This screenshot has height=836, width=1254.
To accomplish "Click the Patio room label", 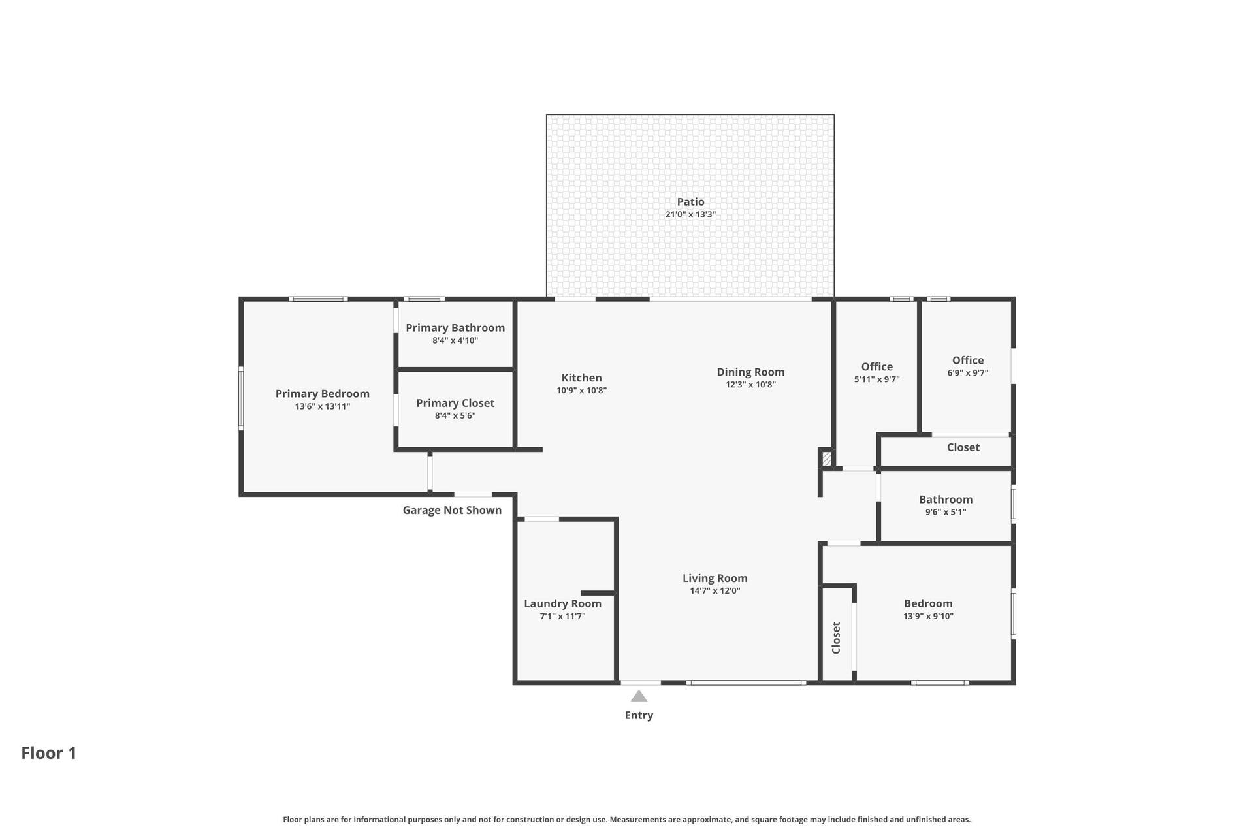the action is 690,202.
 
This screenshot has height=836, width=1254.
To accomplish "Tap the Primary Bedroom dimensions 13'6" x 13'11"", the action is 323,406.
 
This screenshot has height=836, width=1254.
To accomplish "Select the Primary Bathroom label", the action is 455,328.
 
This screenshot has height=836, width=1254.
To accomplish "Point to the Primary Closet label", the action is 455,403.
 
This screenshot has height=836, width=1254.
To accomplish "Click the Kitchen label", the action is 581,378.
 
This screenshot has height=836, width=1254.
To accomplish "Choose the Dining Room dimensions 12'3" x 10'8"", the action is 750,385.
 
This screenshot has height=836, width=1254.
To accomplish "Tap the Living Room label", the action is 715,578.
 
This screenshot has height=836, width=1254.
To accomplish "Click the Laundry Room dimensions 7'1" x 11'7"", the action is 562,616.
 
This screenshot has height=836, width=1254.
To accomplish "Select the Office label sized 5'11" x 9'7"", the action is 876,366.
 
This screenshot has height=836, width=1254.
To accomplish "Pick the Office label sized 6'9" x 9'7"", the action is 968,360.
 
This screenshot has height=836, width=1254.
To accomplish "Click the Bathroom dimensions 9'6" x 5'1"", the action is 946,512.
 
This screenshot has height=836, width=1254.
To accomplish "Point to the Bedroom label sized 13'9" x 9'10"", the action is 928,603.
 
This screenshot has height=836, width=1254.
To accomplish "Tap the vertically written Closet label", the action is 836,637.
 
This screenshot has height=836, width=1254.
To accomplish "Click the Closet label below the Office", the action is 963,447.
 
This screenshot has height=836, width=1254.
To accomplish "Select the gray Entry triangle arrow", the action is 639,697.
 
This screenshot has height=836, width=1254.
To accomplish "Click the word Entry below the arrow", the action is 639,715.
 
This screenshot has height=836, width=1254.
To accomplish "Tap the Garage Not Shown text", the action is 452,510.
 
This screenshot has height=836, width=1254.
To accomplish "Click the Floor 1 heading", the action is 49,753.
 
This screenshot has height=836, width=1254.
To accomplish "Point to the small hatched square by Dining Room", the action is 827,458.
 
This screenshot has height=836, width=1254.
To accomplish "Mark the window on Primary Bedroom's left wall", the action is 241,398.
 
